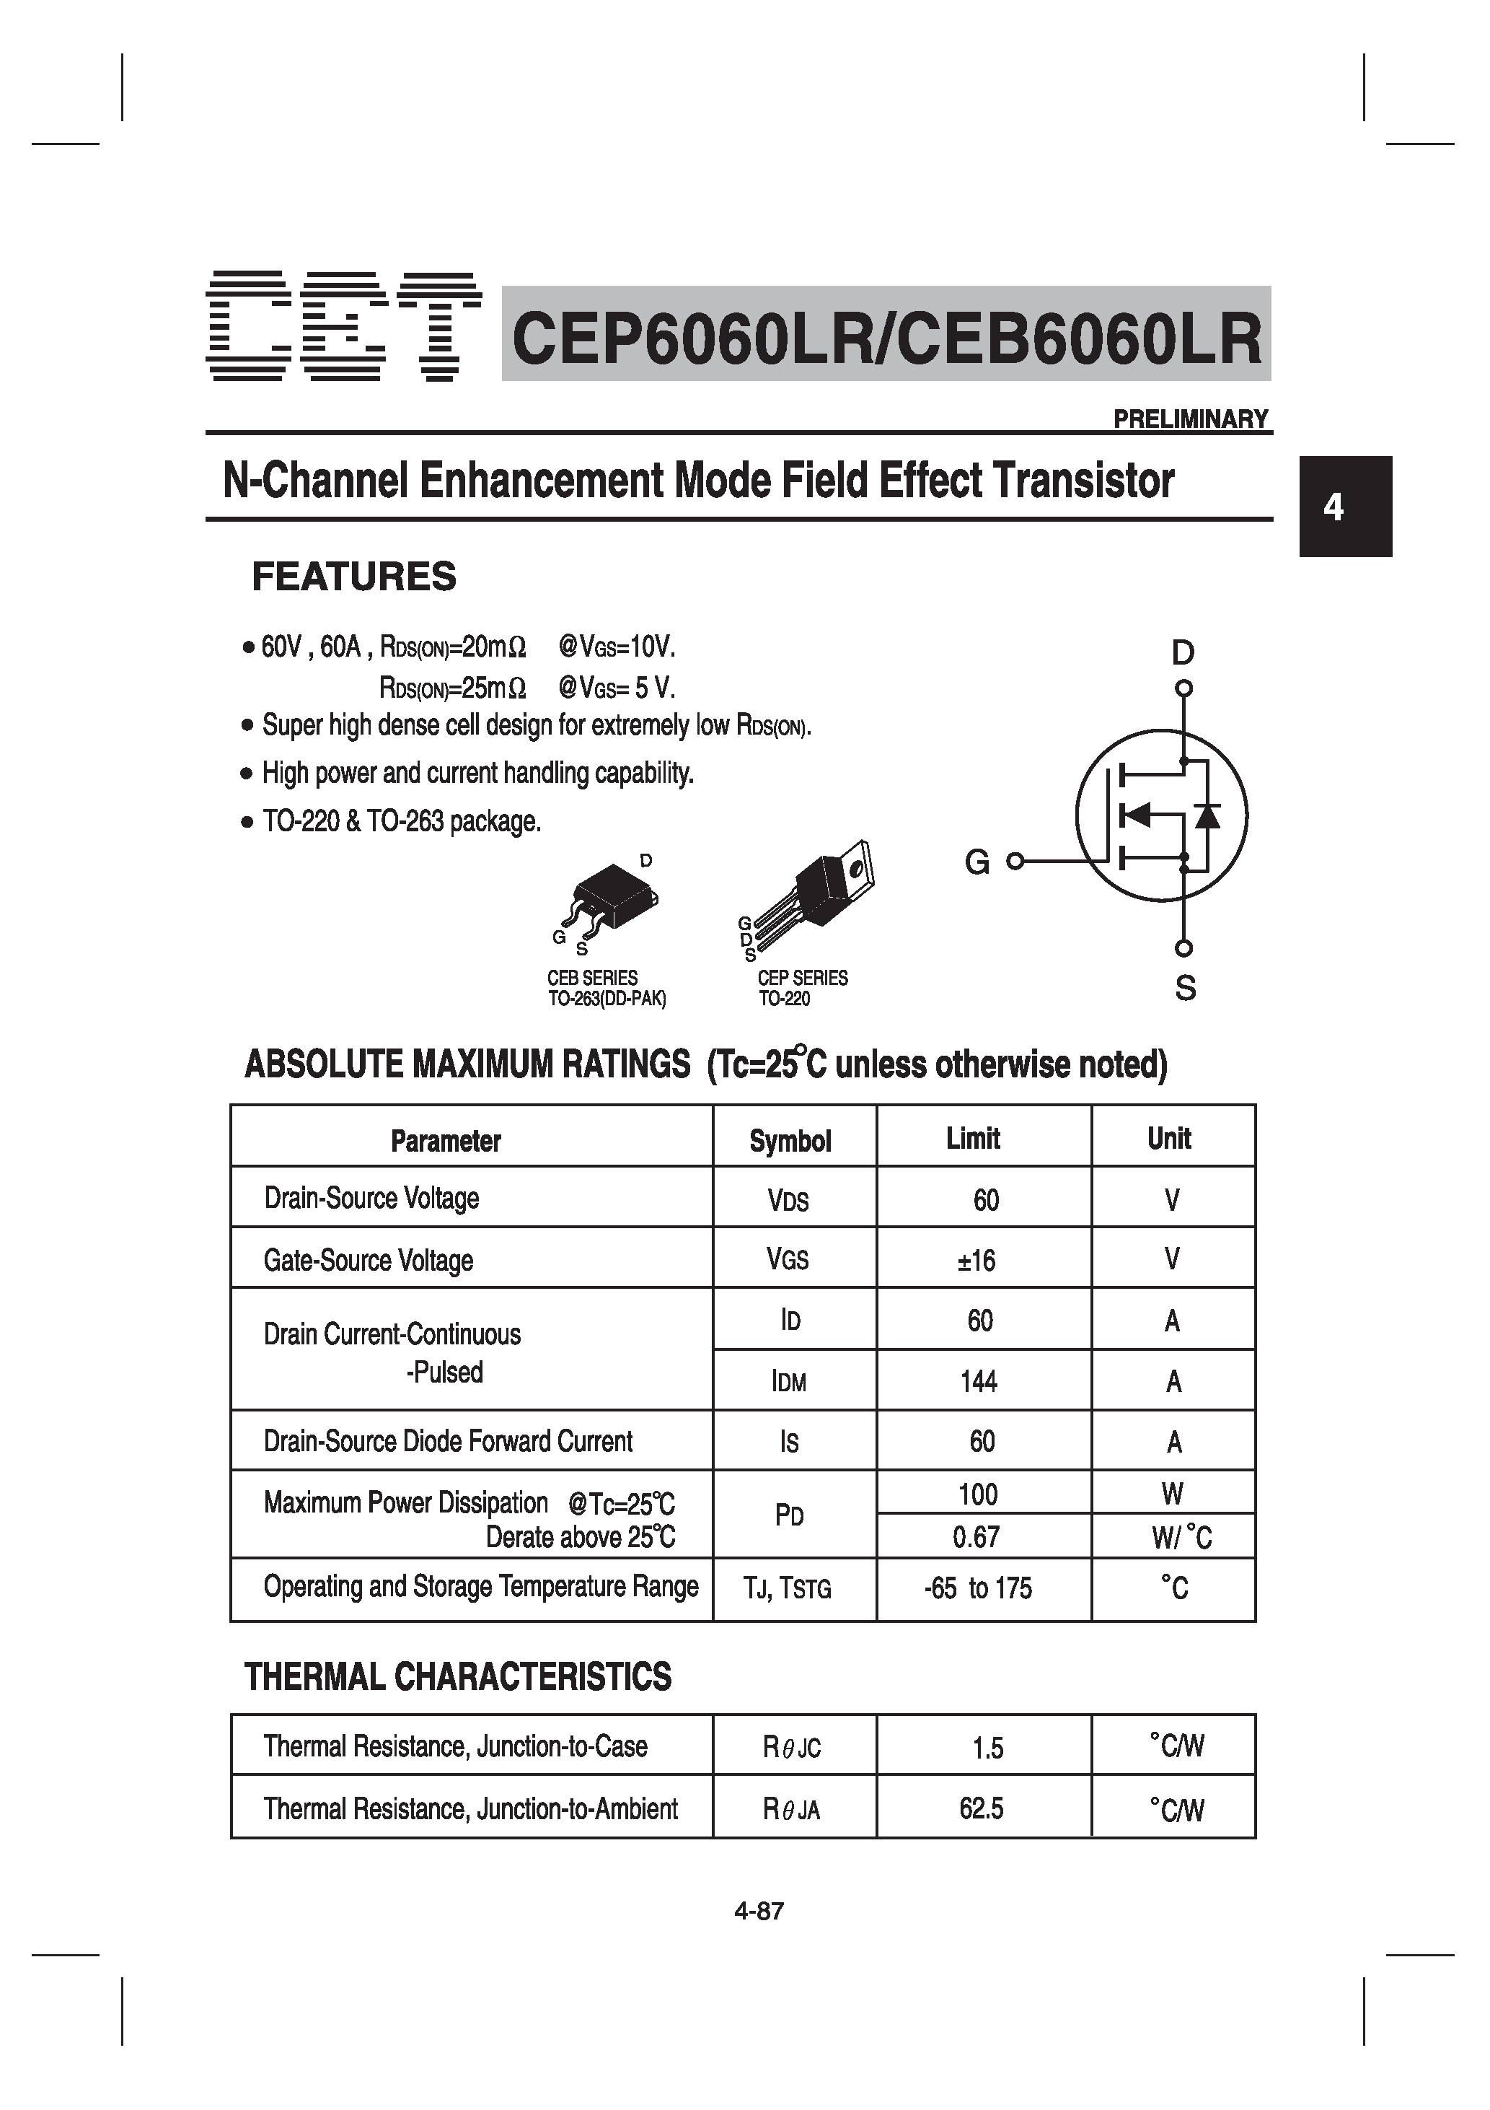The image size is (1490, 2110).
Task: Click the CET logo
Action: tap(343, 326)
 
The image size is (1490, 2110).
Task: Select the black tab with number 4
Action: tap(1345, 507)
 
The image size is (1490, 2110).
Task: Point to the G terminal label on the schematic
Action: tap(977, 862)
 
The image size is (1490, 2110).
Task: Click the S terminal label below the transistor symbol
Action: tap(1185, 989)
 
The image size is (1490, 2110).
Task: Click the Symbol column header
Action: tap(790, 1140)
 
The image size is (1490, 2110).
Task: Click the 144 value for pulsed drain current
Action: tap(979, 1381)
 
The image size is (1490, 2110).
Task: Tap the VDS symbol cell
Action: tap(788, 1200)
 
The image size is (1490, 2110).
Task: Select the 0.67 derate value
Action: tap(976, 1536)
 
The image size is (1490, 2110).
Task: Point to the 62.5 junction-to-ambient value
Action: tap(981, 1808)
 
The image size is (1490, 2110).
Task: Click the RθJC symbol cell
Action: tap(791, 1747)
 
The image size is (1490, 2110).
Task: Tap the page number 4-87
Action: tap(759, 1912)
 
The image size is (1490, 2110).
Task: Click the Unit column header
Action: tap(1168, 1139)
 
